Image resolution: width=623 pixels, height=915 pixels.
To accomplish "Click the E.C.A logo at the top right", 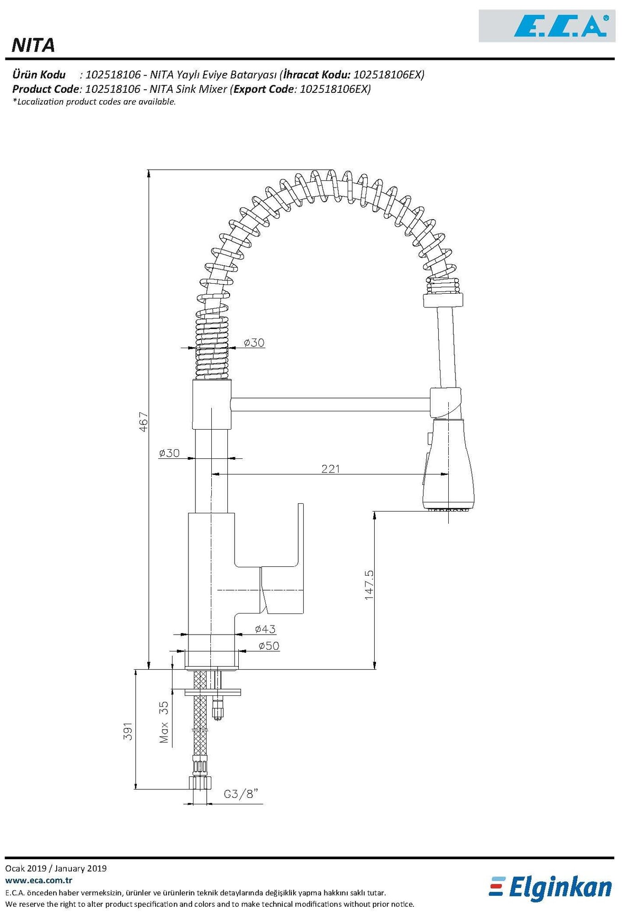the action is tap(560, 26).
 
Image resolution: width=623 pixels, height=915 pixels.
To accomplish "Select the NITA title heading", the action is tap(33, 45).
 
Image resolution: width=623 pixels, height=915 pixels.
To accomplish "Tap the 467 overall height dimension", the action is tap(144, 421).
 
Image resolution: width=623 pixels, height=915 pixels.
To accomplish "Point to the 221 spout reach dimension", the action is tap(330, 469).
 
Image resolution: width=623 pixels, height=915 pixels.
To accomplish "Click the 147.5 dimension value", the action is tap(369, 585).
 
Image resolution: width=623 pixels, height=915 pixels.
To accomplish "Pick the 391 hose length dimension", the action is tap(129, 731).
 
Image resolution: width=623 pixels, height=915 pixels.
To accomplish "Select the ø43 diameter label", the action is tap(265, 629).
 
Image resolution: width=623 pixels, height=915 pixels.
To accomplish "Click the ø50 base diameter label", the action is tap(269, 646).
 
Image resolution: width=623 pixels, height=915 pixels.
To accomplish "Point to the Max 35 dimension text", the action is tap(164, 722).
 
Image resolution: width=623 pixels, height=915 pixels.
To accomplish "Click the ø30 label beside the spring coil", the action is tap(254, 342).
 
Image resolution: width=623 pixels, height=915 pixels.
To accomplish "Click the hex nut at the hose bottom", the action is tap(200, 782).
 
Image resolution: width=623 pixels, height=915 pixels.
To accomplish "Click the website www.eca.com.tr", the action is tap(38, 880).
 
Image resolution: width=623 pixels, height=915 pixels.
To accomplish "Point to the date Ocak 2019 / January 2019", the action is tap(56, 868).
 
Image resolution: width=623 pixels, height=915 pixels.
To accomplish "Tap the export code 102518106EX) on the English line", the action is tap(335, 89).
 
